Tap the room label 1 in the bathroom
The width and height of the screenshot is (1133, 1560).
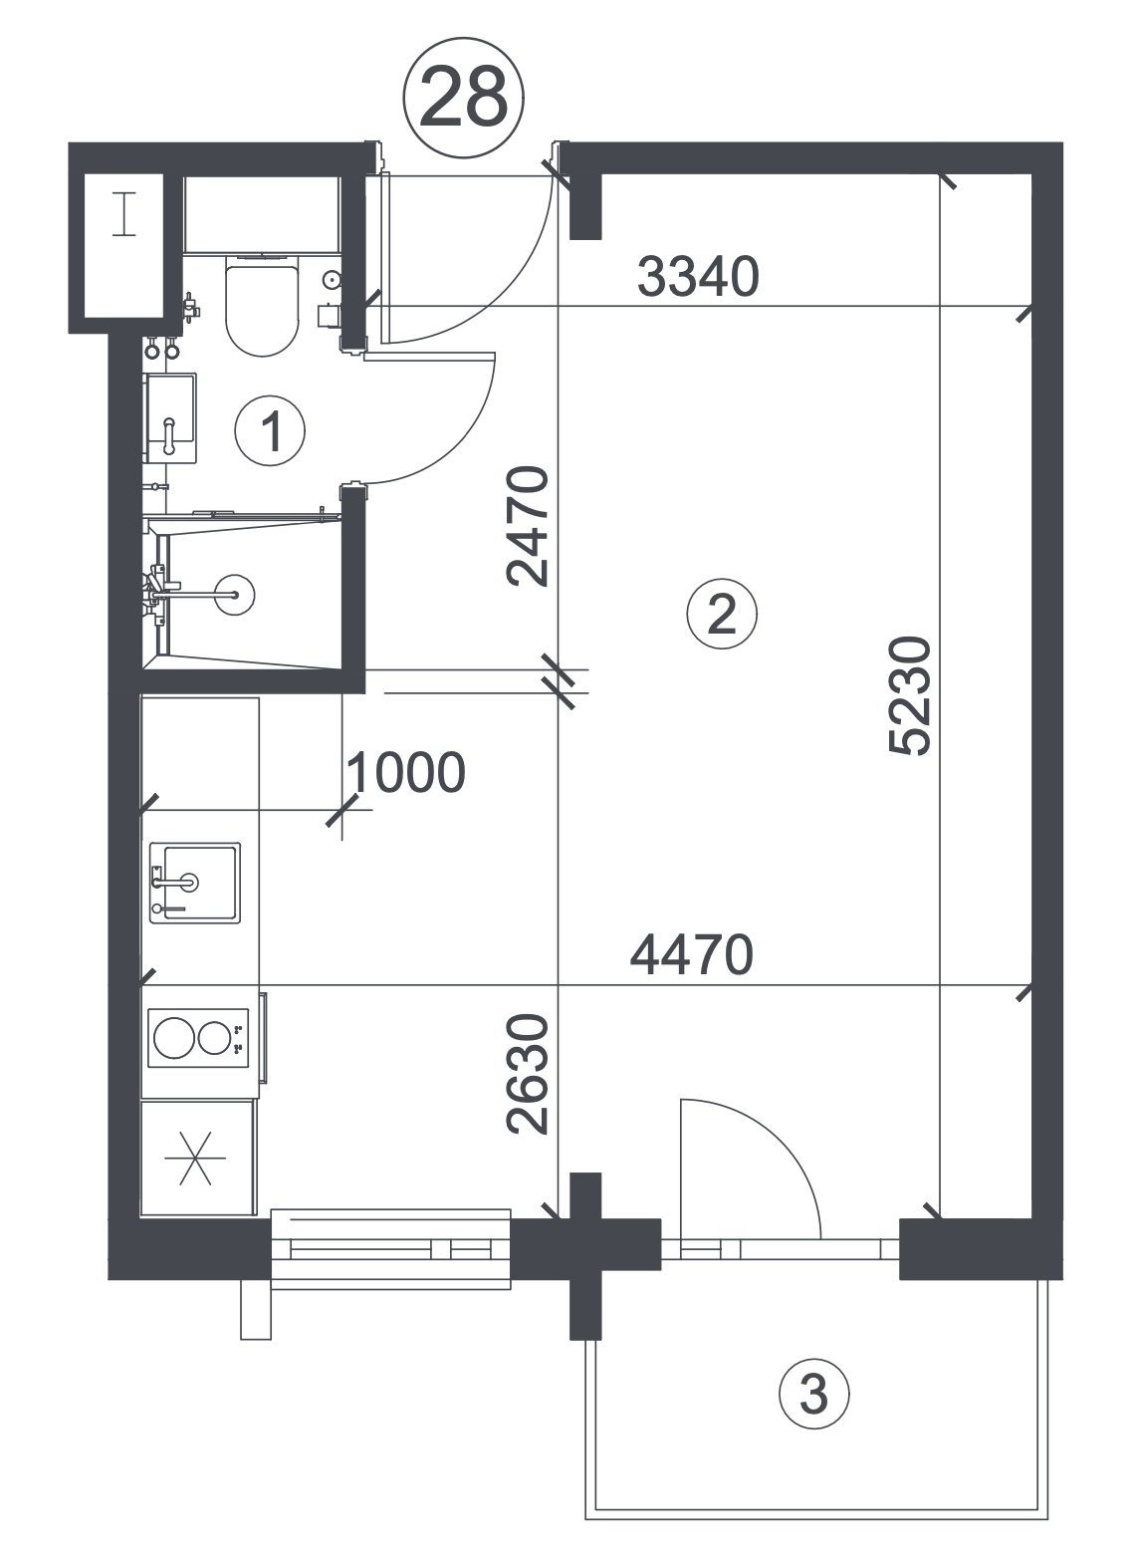pyautogui.click(x=270, y=431)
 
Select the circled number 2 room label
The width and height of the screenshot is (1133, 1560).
pyautogui.click(x=722, y=614)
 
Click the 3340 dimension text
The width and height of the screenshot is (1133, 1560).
pyautogui.click(x=698, y=277)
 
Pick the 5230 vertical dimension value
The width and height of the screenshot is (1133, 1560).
pyautogui.click(x=910, y=695)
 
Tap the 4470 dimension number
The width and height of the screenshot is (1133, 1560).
pyautogui.click(x=691, y=954)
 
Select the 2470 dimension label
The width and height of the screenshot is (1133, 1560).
pyautogui.click(x=528, y=527)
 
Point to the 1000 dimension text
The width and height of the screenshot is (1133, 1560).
pyautogui.click(x=406, y=772)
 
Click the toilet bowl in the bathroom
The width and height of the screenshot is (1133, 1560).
pyautogui.click(x=263, y=305)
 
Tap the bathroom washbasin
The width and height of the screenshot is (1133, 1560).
pyautogui.click(x=170, y=417)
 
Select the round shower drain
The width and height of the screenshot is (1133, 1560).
pyautogui.click(x=235, y=595)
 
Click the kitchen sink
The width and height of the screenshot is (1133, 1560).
pyautogui.click(x=195, y=883)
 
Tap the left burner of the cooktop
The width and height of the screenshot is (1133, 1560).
pyautogui.click(x=173, y=1038)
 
